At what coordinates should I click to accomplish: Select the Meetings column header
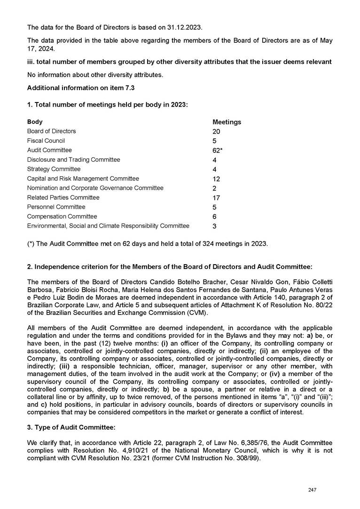[x=227, y=122]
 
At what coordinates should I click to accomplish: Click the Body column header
[x=35, y=122]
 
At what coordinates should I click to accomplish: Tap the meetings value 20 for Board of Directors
[x=217, y=131]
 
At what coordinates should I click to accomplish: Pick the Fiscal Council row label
[x=46, y=141]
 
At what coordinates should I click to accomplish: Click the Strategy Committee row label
[x=54, y=169]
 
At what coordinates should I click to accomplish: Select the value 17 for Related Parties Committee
[x=216, y=198]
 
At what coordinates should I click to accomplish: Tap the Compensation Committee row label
[x=62, y=217]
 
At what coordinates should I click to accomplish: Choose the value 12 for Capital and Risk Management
[x=216, y=179]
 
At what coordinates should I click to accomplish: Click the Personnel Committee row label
[x=56, y=207]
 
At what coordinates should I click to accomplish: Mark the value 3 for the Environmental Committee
[x=215, y=226]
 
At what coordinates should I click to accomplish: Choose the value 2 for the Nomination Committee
[x=215, y=188]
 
